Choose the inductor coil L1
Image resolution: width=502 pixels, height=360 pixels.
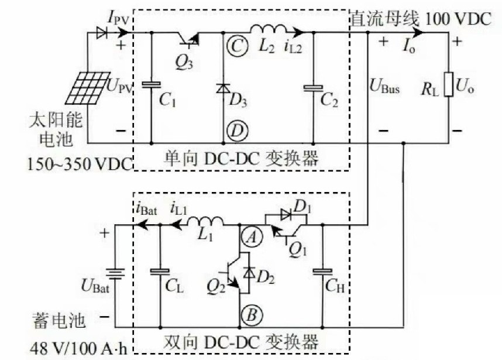pyautogui.click(x=208, y=222)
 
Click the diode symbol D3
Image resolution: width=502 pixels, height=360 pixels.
pyautogui.click(x=224, y=89)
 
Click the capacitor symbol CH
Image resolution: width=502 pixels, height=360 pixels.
pyautogui.click(x=322, y=272)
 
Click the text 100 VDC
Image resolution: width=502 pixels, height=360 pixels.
pyautogui.click(x=456, y=18)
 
